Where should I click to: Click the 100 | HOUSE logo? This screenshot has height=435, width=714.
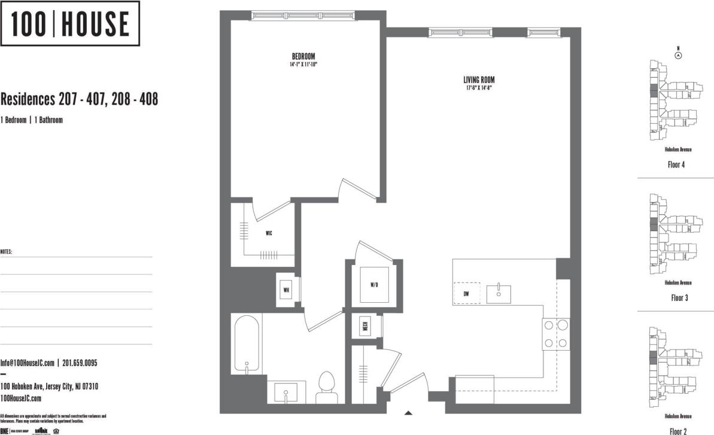pos(71,23)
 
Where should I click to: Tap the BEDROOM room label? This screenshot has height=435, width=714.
pos(303,57)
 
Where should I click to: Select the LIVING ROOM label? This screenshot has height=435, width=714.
pos(479,80)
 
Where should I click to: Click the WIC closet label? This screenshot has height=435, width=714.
pos(269,233)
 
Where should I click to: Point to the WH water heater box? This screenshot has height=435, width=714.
pos(287,290)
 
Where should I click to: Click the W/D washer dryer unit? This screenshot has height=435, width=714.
pos(374,285)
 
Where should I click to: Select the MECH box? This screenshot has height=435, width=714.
pos(364,327)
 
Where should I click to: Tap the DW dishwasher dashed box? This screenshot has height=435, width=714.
pos(466,293)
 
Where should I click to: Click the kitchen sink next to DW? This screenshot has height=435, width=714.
pos(499,294)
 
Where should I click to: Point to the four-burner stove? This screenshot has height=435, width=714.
pos(555,334)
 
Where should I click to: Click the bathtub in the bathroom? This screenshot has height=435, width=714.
pos(247,346)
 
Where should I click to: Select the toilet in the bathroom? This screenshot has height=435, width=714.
pos(326,388)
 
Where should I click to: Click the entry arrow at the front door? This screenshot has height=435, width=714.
pos(409,412)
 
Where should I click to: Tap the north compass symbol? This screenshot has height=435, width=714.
pos(678,54)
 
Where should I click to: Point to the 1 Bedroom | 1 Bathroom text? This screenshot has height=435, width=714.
pos(32,120)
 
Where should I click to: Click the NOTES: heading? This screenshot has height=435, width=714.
pos(6,252)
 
